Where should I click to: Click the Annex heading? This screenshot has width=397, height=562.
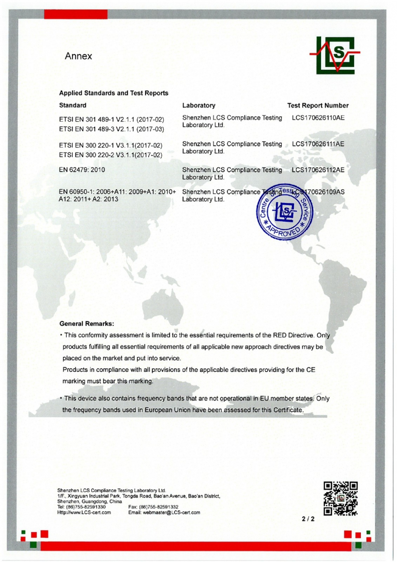click(78, 56)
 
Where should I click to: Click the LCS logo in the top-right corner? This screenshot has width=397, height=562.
click(336, 55)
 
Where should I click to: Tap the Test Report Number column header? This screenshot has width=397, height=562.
click(318, 105)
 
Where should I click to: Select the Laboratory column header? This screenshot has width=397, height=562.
click(198, 105)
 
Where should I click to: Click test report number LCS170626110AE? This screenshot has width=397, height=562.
click(318, 118)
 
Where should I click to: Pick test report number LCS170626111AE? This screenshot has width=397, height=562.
click(318, 144)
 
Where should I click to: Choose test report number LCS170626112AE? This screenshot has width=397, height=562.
click(318, 170)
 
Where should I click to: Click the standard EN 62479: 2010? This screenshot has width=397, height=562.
click(82, 170)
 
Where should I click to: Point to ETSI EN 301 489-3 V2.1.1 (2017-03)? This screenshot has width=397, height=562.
click(112, 129)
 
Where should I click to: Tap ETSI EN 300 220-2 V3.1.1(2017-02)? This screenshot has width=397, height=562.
click(111, 155)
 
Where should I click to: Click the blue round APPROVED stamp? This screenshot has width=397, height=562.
click(284, 213)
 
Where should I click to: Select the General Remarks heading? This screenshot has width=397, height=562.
click(87, 324)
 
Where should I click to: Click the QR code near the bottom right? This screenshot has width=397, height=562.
click(340, 498)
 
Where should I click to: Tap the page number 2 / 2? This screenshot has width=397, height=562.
click(308, 519)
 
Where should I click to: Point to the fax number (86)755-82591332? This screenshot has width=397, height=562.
click(153, 507)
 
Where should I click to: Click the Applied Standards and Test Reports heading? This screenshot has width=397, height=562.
click(114, 93)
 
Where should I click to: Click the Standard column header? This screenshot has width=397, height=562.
click(73, 105)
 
